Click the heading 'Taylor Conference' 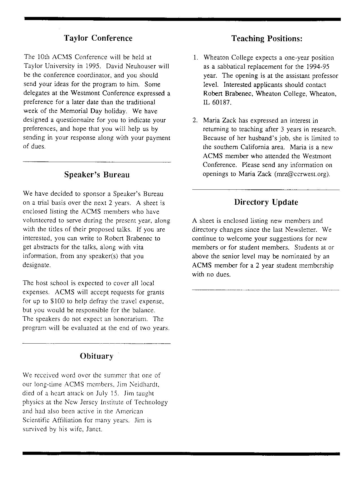[98, 38]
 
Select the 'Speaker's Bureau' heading [97, 175]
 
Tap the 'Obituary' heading [97, 356]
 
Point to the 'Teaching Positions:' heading [267, 38]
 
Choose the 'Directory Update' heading [266, 202]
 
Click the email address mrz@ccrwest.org [302, 174]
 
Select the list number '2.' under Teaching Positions [195, 121]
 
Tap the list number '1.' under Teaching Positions [195, 58]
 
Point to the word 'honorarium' [131, 319]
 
